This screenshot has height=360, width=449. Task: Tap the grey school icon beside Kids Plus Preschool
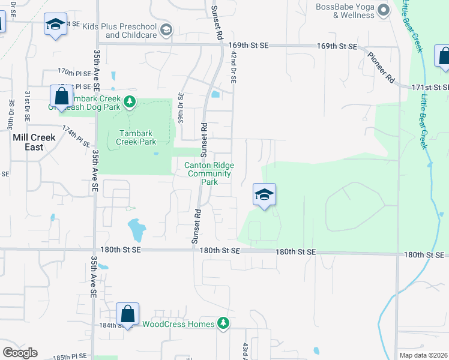pyautogui.click(x=166, y=29)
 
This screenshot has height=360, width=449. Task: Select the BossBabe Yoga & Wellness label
pyautogui.click(x=346, y=11)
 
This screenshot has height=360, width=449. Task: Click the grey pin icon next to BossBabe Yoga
pyautogui.click(x=385, y=9)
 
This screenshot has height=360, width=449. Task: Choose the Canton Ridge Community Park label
pyautogui.click(x=209, y=173)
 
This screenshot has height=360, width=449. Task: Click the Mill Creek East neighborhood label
pyautogui.click(x=34, y=142)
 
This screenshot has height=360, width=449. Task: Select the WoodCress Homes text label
pyautogui.click(x=178, y=324)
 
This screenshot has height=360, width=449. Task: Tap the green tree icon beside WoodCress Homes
pyautogui.click(x=223, y=323)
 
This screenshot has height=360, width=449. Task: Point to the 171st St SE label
pyautogui.click(x=430, y=88)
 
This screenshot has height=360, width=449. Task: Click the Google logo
pyautogui.click(x=20, y=353)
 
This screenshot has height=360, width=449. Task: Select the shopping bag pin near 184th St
pyautogui.click(x=127, y=313)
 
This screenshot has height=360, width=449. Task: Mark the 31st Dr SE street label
pyautogui.click(x=27, y=104)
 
